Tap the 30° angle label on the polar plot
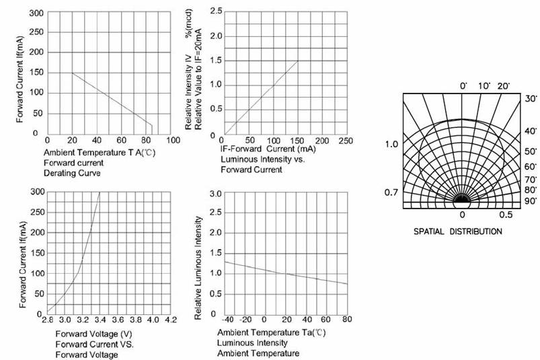click(x=531, y=98)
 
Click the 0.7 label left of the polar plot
click(x=391, y=194)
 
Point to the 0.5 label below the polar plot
click(x=506, y=215)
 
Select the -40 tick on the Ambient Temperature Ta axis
click(x=228, y=320)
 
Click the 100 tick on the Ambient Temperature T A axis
click(x=173, y=140)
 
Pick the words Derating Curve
click(x=73, y=174)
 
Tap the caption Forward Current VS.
click(x=94, y=344)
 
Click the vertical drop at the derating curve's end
click(x=152, y=129)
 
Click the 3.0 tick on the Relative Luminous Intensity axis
click(x=216, y=194)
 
